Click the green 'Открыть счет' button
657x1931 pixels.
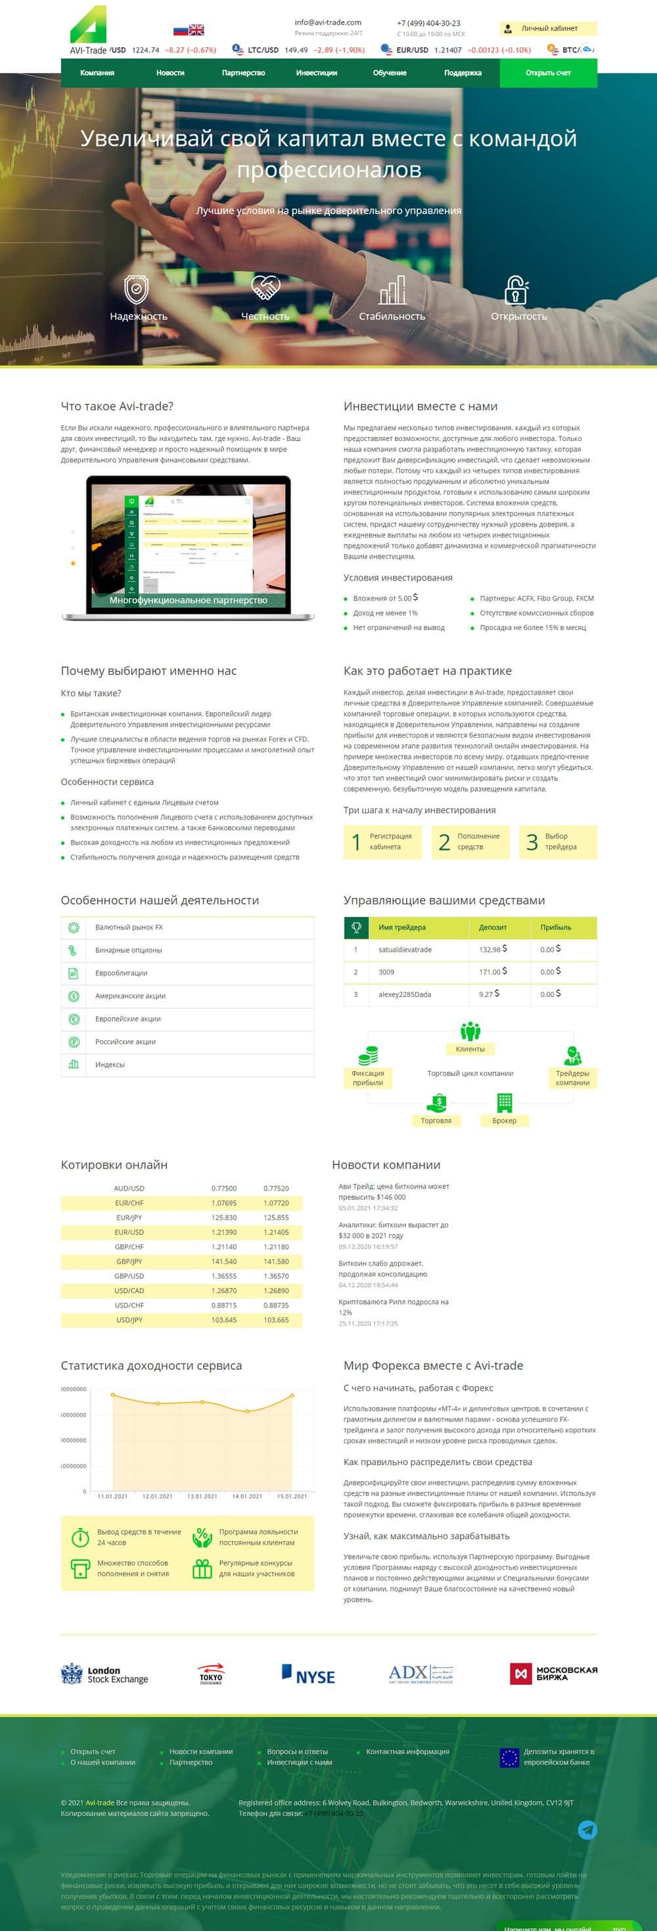click(x=548, y=73)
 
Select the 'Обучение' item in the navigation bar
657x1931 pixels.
click(x=389, y=73)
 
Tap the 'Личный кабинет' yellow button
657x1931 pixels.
click(x=548, y=28)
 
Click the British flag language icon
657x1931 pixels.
click(x=196, y=30)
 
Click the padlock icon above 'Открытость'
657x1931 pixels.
click(x=517, y=289)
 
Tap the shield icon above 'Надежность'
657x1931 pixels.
click(x=136, y=289)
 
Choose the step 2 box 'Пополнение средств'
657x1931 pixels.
click(x=470, y=841)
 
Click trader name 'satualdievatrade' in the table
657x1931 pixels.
click(x=405, y=949)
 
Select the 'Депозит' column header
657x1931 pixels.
click(x=493, y=927)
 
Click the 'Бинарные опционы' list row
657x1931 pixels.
click(x=128, y=950)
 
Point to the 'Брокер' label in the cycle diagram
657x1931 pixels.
click(x=504, y=1120)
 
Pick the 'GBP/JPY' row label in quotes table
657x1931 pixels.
click(x=129, y=1261)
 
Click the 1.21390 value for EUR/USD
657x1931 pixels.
click(x=223, y=1231)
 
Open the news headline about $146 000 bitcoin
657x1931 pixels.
click(x=393, y=1191)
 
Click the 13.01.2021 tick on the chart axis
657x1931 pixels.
click(x=202, y=1495)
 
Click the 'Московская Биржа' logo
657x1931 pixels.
click(x=553, y=1673)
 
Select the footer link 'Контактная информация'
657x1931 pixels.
click(x=407, y=1751)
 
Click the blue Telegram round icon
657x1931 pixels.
click(x=587, y=1830)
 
